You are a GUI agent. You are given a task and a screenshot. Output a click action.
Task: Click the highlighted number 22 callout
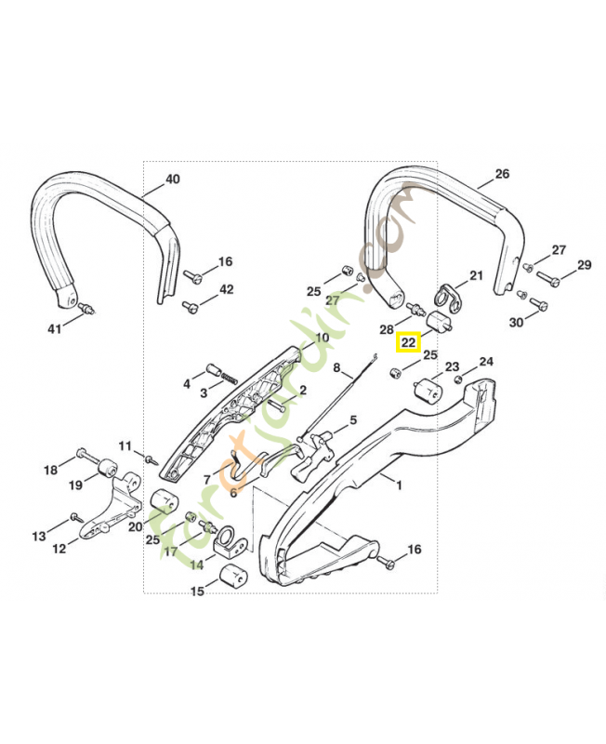(x=407, y=343)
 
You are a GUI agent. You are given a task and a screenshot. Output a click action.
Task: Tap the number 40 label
(x=172, y=179)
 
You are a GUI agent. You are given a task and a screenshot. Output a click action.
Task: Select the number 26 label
(x=502, y=174)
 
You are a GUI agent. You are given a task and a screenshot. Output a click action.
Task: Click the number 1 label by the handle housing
(x=399, y=485)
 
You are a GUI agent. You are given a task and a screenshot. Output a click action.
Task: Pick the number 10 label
(x=322, y=338)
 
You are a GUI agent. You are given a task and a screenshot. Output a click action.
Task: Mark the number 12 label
(x=59, y=549)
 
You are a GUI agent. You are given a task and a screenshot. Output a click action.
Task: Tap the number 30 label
(x=517, y=322)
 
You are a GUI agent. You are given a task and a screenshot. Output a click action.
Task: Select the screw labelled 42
(x=192, y=304)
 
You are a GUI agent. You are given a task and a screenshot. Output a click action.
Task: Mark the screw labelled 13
(x=74, y=517)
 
